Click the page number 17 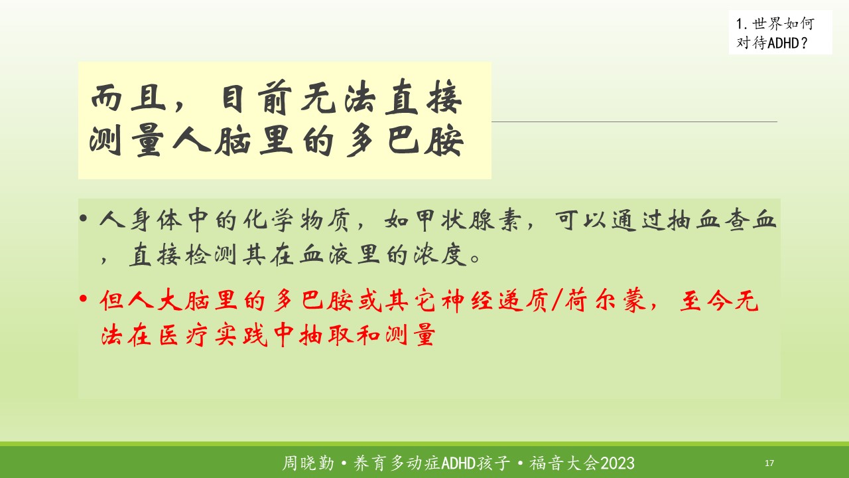769,463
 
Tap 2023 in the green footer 618,463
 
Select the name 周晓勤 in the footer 308,463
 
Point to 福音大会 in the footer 564,463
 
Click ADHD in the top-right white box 784,43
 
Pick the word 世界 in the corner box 767,24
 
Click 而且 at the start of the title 128,98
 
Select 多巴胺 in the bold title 405,141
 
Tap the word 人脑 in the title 211,141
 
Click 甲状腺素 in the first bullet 453,220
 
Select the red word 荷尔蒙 606,301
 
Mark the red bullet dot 84,299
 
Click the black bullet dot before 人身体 84,218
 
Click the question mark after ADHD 805,43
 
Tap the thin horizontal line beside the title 635,121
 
